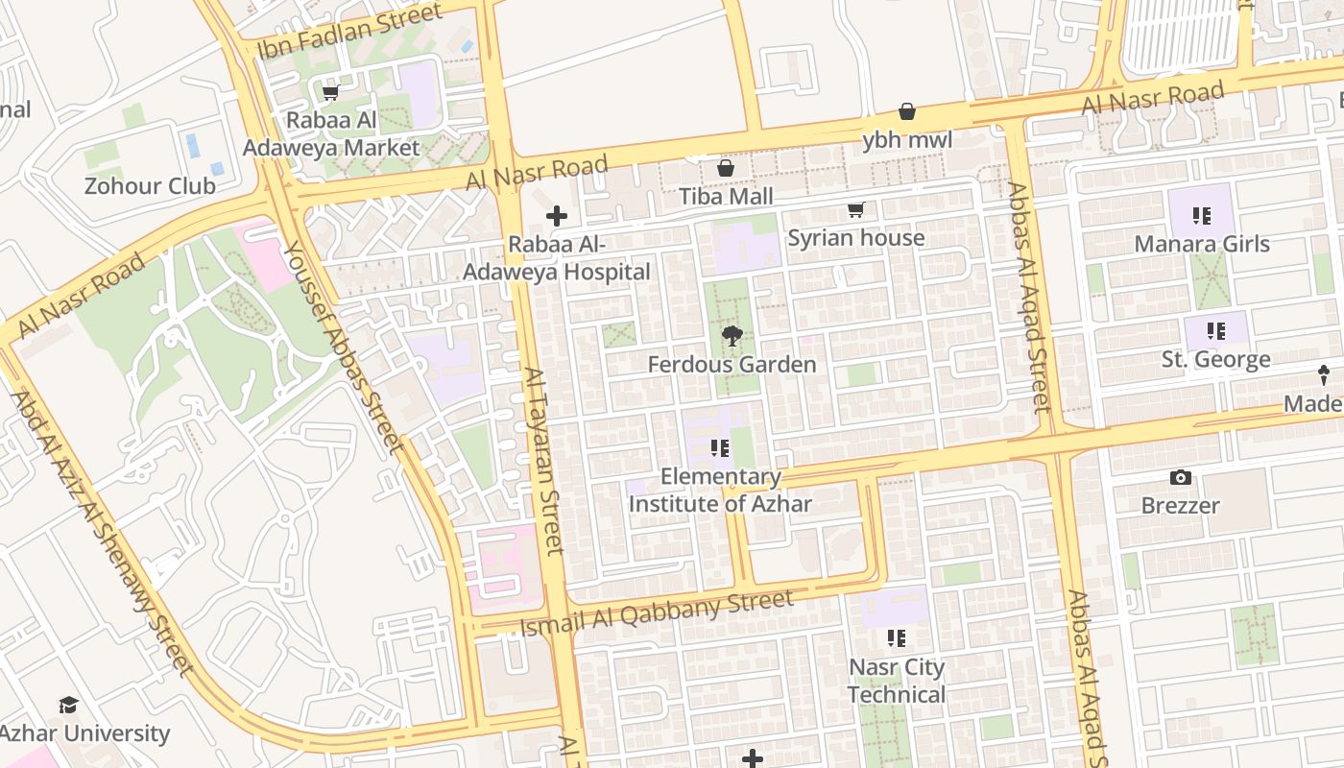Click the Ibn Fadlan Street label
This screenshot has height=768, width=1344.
click(x=350, y=30)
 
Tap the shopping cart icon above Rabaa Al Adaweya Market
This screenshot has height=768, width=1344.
click(x=331, y=93)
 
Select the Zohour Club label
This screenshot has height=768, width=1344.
click(x=150, y=185)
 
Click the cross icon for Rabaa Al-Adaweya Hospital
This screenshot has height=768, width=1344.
click(x=556, y=216)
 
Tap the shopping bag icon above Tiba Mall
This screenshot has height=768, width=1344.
click(x=726, y=168)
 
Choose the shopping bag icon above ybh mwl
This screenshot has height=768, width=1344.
click(x=907, y=111)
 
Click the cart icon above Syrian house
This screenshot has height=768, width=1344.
click(x=855, y=209)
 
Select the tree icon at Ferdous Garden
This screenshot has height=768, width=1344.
click(x=732, y=336)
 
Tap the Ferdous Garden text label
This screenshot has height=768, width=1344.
click(x=732, y=365)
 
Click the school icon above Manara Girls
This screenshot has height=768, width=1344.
click(x=1202, y=216)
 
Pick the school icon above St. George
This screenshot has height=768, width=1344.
click(x=1216, y=331)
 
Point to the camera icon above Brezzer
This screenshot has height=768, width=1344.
click(x=1181, y=477)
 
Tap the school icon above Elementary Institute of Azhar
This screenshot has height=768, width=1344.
click(x=720, y=448)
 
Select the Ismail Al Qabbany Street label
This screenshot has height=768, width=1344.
click(x=657, y=613)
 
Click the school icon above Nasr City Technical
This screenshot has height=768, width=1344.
click(x=897, y=638)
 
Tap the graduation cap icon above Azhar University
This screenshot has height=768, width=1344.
click(x=68, y=706)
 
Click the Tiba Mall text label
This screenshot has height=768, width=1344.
click(x=726, y=197)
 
